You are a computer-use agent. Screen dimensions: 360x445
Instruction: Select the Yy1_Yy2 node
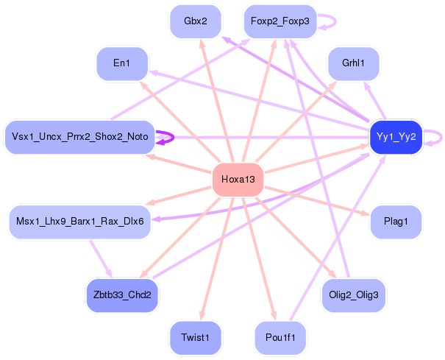(x=396, y=137)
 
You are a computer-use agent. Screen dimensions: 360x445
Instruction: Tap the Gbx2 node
(x=195, y=21)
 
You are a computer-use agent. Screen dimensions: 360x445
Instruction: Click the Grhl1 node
(x=353, y=64)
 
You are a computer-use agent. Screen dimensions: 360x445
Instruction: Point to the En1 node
(x=122, y=64)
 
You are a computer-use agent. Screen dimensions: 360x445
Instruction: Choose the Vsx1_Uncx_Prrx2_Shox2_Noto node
(x=79, y=137)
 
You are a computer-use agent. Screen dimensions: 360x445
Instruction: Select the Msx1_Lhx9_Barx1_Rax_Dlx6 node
(x=79, y=221)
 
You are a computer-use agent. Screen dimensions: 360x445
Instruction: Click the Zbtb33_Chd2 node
(x=122, y=295)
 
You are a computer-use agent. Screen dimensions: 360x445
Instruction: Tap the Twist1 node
(x=195, y=337)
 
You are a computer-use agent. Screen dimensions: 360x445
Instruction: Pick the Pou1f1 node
(x=280, y=337)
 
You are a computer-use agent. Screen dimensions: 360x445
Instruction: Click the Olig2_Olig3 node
(x=353, y=295)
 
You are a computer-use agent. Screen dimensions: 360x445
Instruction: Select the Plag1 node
(x=396, y=221)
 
